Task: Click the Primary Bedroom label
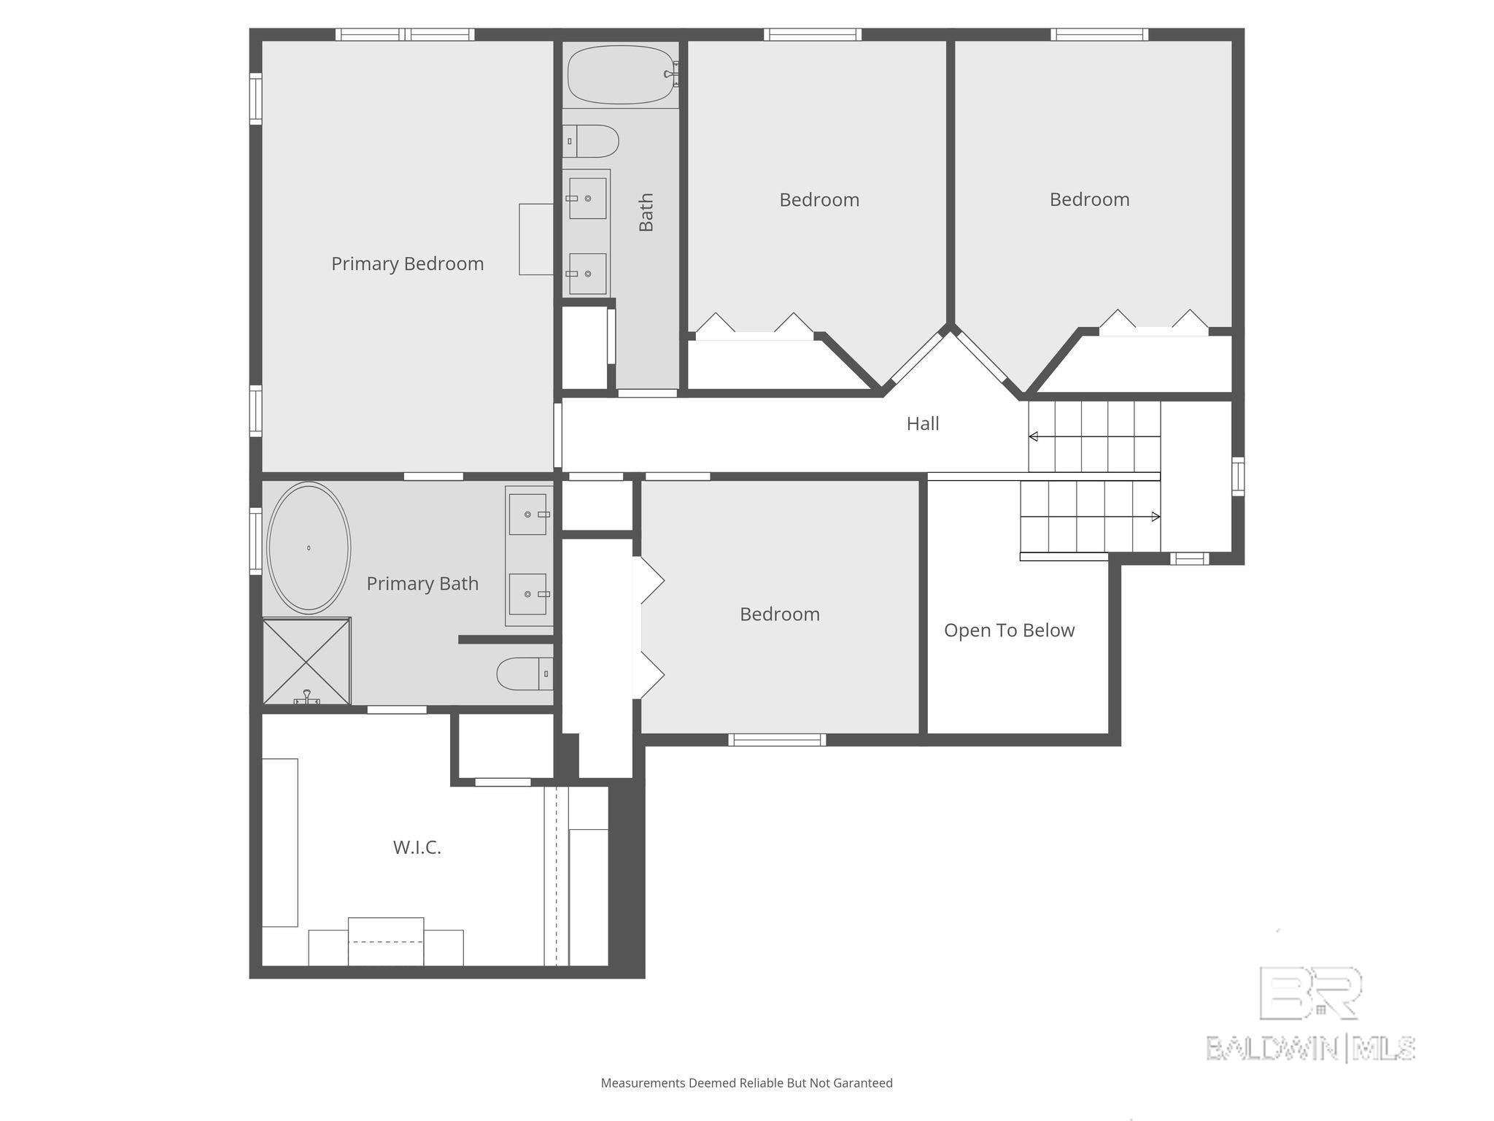pyautogui.click(x=407, y=264)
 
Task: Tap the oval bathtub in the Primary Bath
pyautogui.click(x=309, y=547)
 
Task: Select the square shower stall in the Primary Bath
pyautogui.click(x=306, y=661)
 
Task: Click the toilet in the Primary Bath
pyautogui.click(x=525, y=674)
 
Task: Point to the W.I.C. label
pyautogui.click(x=417, y=847)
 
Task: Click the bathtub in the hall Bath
pyautogui.click(x=622, y=74)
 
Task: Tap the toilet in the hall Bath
pyautogui.click(x=590, y=141)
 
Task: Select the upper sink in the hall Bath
pyautogui.click(x=587, y=198)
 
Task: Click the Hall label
pyautogui.click(x=923, y=423)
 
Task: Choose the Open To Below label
pyautogui.click(x=1010, y=631)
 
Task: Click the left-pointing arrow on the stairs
pyautogui.click(x=1094, y=436)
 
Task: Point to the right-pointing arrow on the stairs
pyautogui.click(x=1090, y=517)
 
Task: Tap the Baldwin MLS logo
pyautogui.click(x=1311, y=1014)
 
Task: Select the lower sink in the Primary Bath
pyautogui.click(x=528, y=594)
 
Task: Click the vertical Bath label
pyautogui.click(x=646, y=212)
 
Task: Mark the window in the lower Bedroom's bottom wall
pyautogui.click(x=777, y=740)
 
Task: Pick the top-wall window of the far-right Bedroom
pyautogui.click(x=1099, y=34)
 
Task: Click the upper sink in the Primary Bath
pyautogui.click(x=528, y=515)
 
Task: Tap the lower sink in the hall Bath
pyautogui.click(x=587, y=274)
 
